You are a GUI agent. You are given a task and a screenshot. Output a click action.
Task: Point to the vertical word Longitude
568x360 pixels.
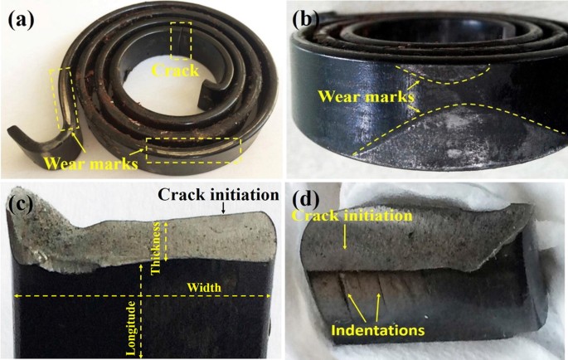(x=130, y=328)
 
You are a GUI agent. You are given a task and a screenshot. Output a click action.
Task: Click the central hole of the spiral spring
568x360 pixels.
(x=166, y=100)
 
